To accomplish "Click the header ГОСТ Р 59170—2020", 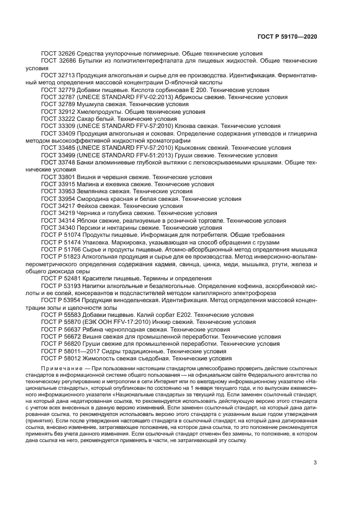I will [x=287, y=37].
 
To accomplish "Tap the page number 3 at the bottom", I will [x=315, y=448].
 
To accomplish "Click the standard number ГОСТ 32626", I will [x=58, y=54].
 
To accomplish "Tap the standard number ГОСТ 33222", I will [x=58, y=118].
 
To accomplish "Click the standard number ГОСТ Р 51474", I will [x=61, y=242].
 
